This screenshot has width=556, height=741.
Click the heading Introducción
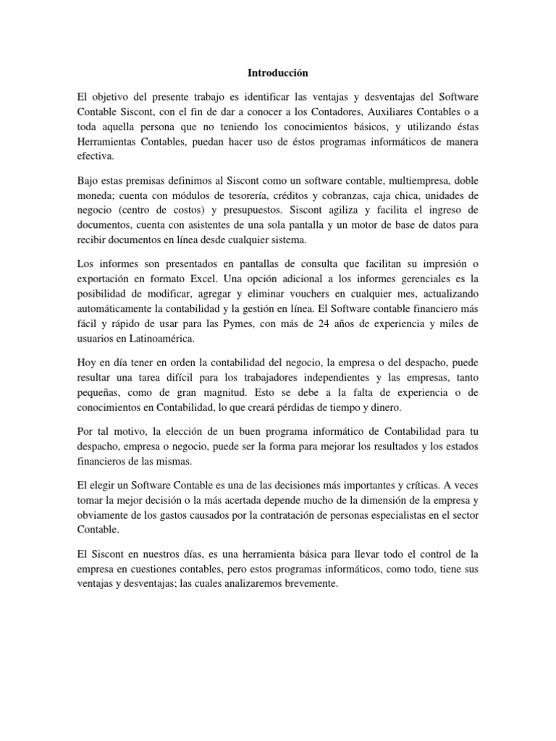(x=278, y=73)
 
